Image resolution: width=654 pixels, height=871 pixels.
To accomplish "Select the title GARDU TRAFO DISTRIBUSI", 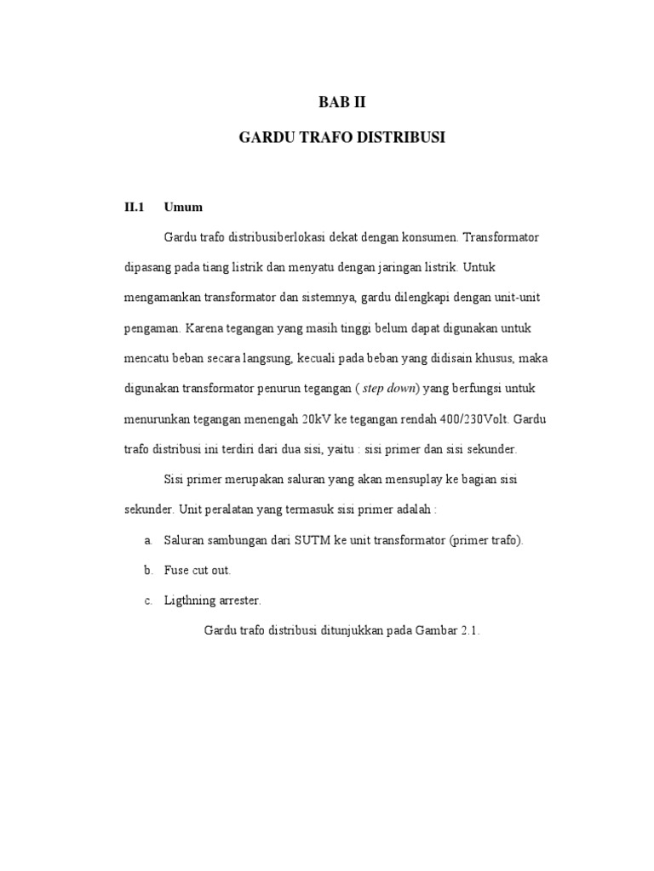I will (x=341, y=137).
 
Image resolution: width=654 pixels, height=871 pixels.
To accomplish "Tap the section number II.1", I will (x=136, y=207).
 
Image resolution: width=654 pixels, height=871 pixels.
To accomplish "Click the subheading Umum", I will (x=183, y=207).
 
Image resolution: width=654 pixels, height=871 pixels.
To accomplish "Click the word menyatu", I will (x=316, y=267).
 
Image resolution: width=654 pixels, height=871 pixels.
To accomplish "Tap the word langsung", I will (x=272, y=358).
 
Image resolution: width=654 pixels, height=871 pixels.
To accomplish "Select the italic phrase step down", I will (x=388, y=389).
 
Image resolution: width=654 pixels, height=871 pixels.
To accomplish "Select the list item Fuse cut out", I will (x=198, y=571).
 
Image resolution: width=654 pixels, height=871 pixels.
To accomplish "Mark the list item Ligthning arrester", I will (x=212, y=601).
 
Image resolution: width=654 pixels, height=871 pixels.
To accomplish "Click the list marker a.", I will (x=147, y=541).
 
